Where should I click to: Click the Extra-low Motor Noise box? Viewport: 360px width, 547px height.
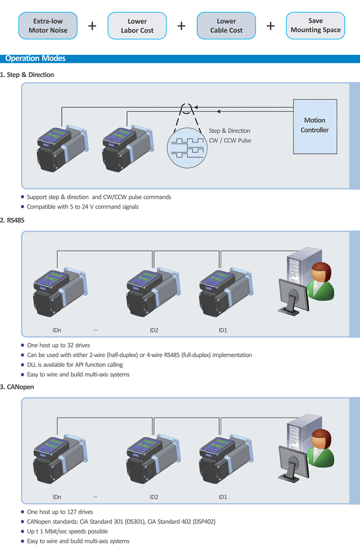click(48, 26)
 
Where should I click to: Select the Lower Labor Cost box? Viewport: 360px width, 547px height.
click(137, 26)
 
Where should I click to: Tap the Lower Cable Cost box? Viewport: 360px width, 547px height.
click(226, 26)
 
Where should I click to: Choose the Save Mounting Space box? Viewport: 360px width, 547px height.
click(315, 26)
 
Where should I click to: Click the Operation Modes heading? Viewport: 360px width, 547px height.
click(35, 58)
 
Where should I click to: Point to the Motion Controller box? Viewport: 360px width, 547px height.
click(315, 126)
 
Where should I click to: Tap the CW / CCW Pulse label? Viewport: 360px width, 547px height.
click(230, 140)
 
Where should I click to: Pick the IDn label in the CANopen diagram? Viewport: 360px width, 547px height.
click(57, 497)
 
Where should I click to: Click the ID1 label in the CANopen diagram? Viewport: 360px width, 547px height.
click(223, 497)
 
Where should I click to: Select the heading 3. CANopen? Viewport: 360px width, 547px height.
click(17, 387)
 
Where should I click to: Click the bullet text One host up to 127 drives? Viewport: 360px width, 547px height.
click(60, 512)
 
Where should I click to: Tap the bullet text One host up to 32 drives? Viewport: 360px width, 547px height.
click(58, 345)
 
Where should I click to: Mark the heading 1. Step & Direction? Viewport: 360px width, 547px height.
click(27, 75)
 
